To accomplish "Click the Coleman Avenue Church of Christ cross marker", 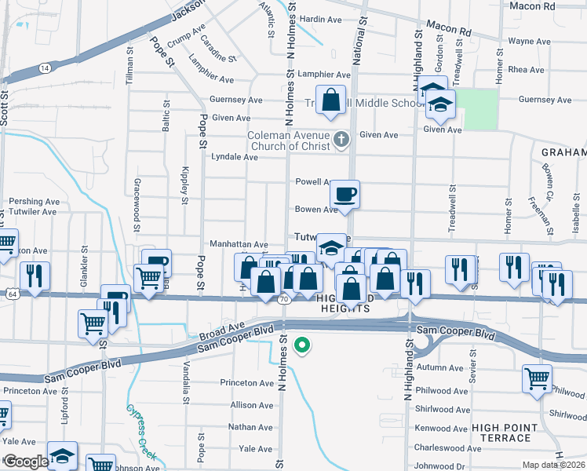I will [x=341, y=141].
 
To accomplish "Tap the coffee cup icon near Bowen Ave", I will [x=345, y=193].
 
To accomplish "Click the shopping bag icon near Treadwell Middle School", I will [x=331, y=100].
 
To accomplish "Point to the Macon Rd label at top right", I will [x=554, y=5].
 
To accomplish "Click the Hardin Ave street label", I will [x=321, y=18].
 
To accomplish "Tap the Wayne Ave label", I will [x=528, y=41].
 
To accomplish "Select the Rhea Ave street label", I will [x=526, y=70].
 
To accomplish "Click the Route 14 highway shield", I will [x=45, y=69].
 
